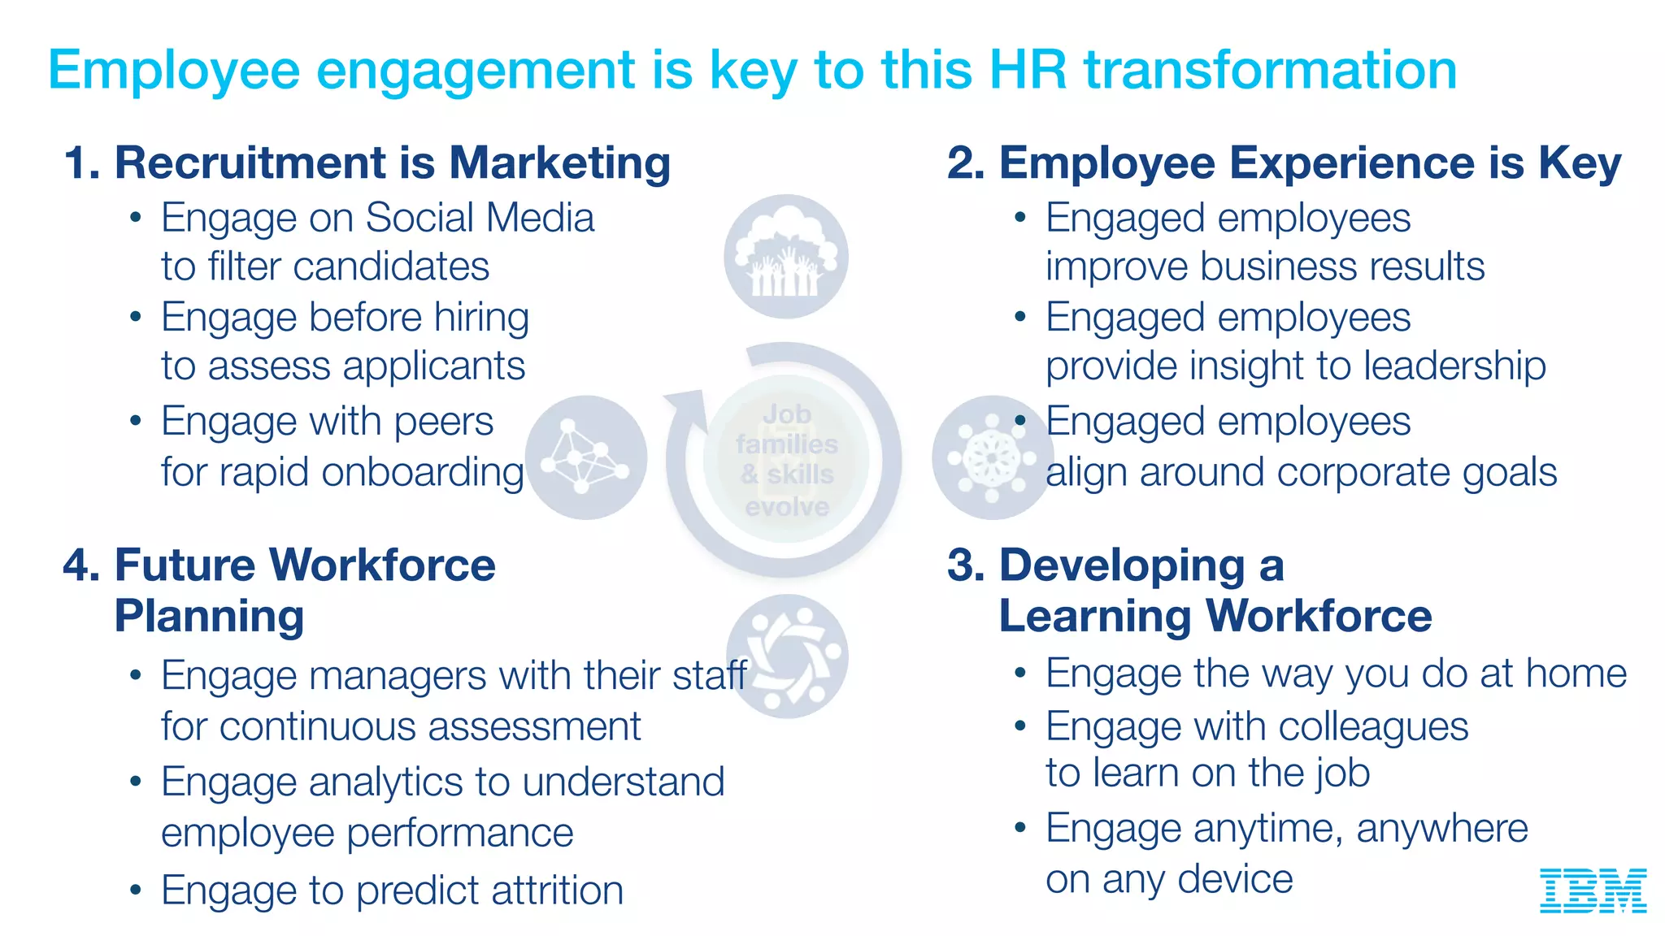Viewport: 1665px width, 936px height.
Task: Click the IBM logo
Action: (x=1593, y=890)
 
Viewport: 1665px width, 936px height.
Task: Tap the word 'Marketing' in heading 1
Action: (x=559, y=162)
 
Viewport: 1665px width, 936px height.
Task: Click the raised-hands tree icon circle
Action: (x=785, y=257)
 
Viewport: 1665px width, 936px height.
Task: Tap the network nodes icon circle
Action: (x=585, y=457)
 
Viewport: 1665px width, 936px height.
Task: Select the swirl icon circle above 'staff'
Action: (x=787, y=656)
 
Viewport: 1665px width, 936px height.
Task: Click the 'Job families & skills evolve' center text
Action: (x=787, y=460)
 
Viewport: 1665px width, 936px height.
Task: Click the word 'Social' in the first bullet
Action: (x=418, y=218)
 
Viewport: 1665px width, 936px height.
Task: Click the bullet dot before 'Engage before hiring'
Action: (x=136, y=317)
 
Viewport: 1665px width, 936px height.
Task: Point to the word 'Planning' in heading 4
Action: (x=209, y=616)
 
